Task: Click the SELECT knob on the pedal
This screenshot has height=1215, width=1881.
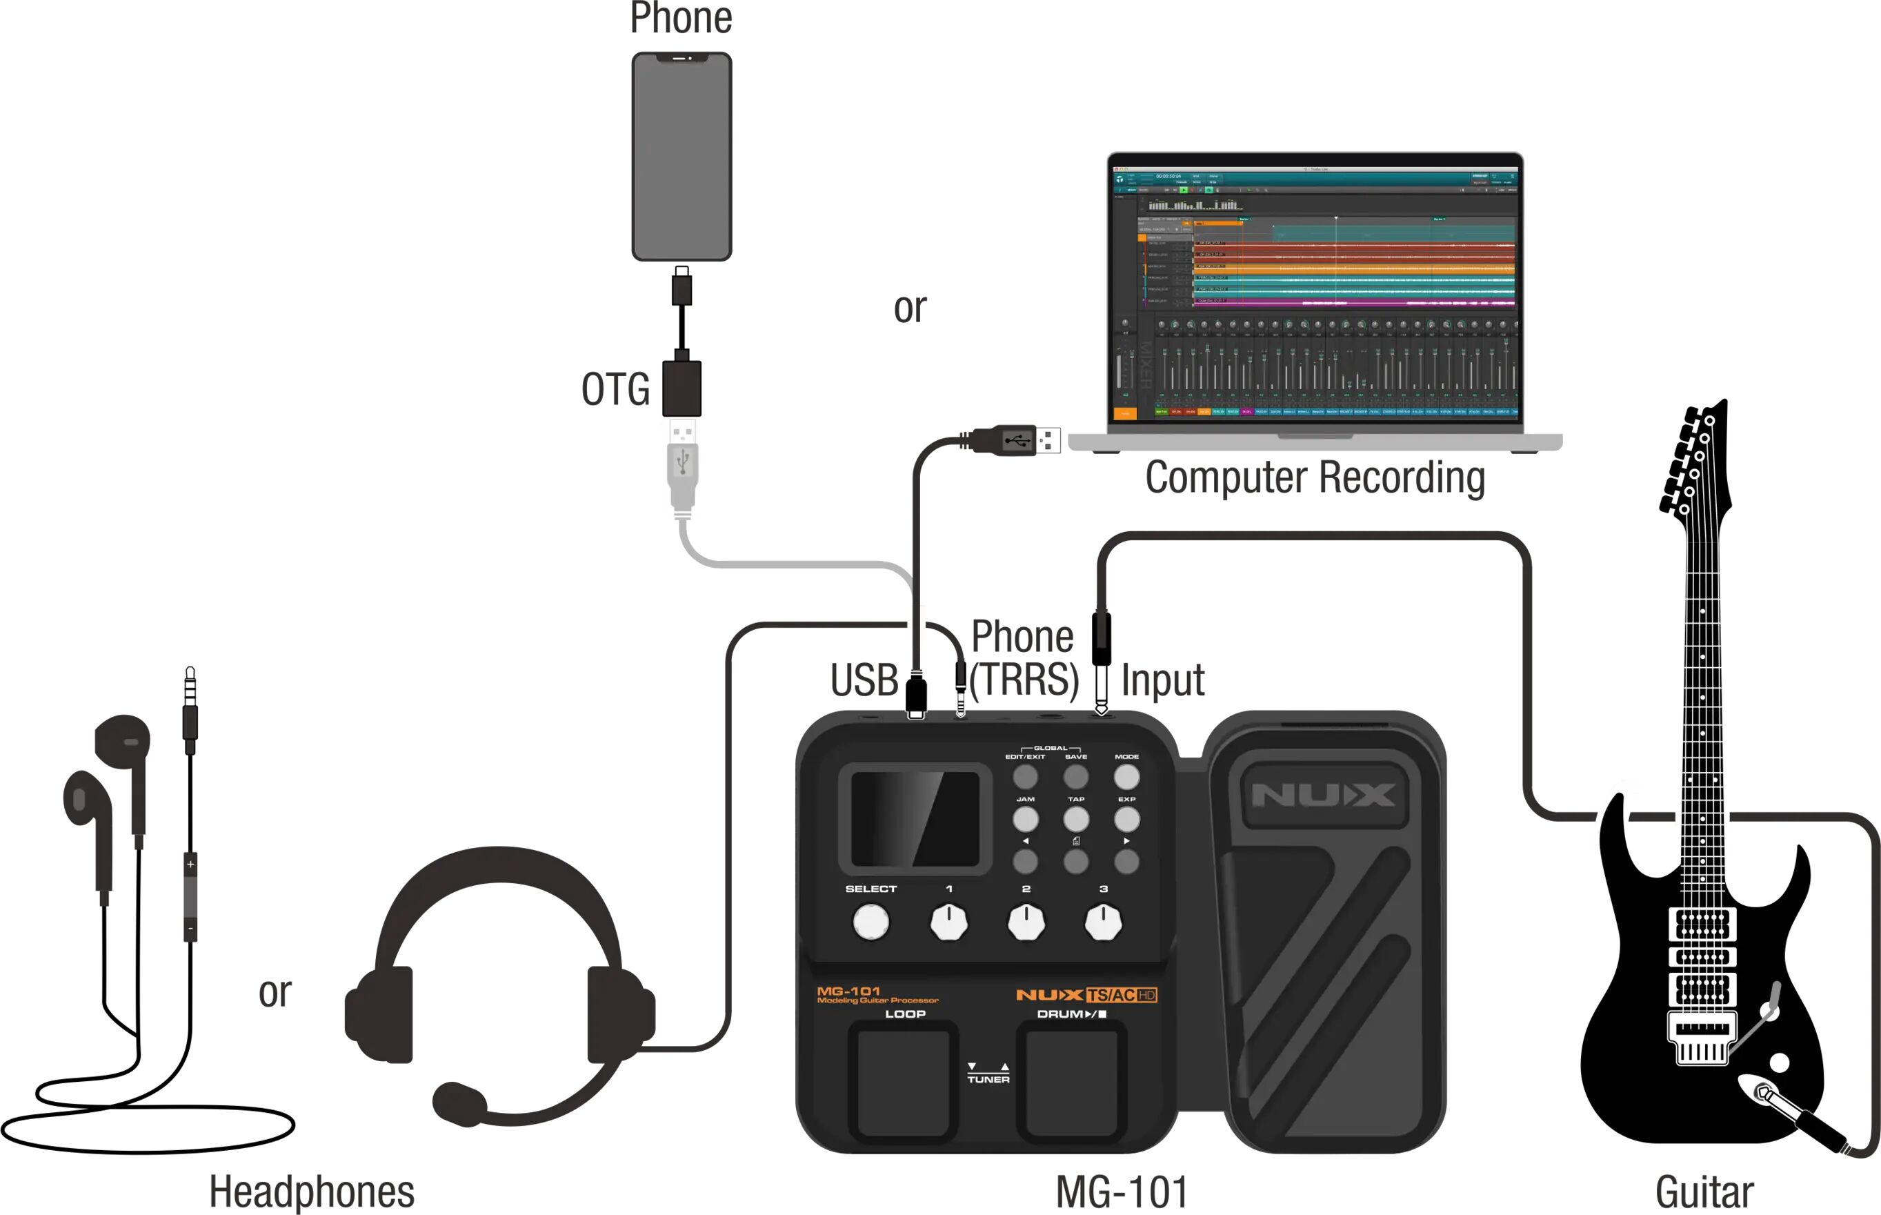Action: [x=870, y=922]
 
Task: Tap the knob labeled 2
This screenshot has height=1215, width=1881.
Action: [x=1026, y=922]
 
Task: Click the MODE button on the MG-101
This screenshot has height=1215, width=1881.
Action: [x=1126, y=777]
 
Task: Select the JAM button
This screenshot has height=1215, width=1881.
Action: [x=1025, y=819]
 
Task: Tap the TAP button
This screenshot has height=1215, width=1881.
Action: [x=1076, y=819]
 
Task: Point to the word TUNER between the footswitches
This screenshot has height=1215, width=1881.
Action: [x=988, y=1079]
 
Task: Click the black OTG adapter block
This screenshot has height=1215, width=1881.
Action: [x=681, y=388]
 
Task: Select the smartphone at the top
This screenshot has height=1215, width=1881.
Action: [x=681, y=156]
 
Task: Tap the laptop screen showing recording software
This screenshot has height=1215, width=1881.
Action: [x=1315, y=292]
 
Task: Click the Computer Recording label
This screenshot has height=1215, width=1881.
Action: [x=1315, y=477]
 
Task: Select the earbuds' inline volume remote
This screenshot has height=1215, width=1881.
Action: [x=190, y=896]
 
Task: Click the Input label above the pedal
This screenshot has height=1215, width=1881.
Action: [x=1162, y=680]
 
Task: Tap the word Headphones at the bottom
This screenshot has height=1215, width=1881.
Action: [x=312, y=1192]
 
